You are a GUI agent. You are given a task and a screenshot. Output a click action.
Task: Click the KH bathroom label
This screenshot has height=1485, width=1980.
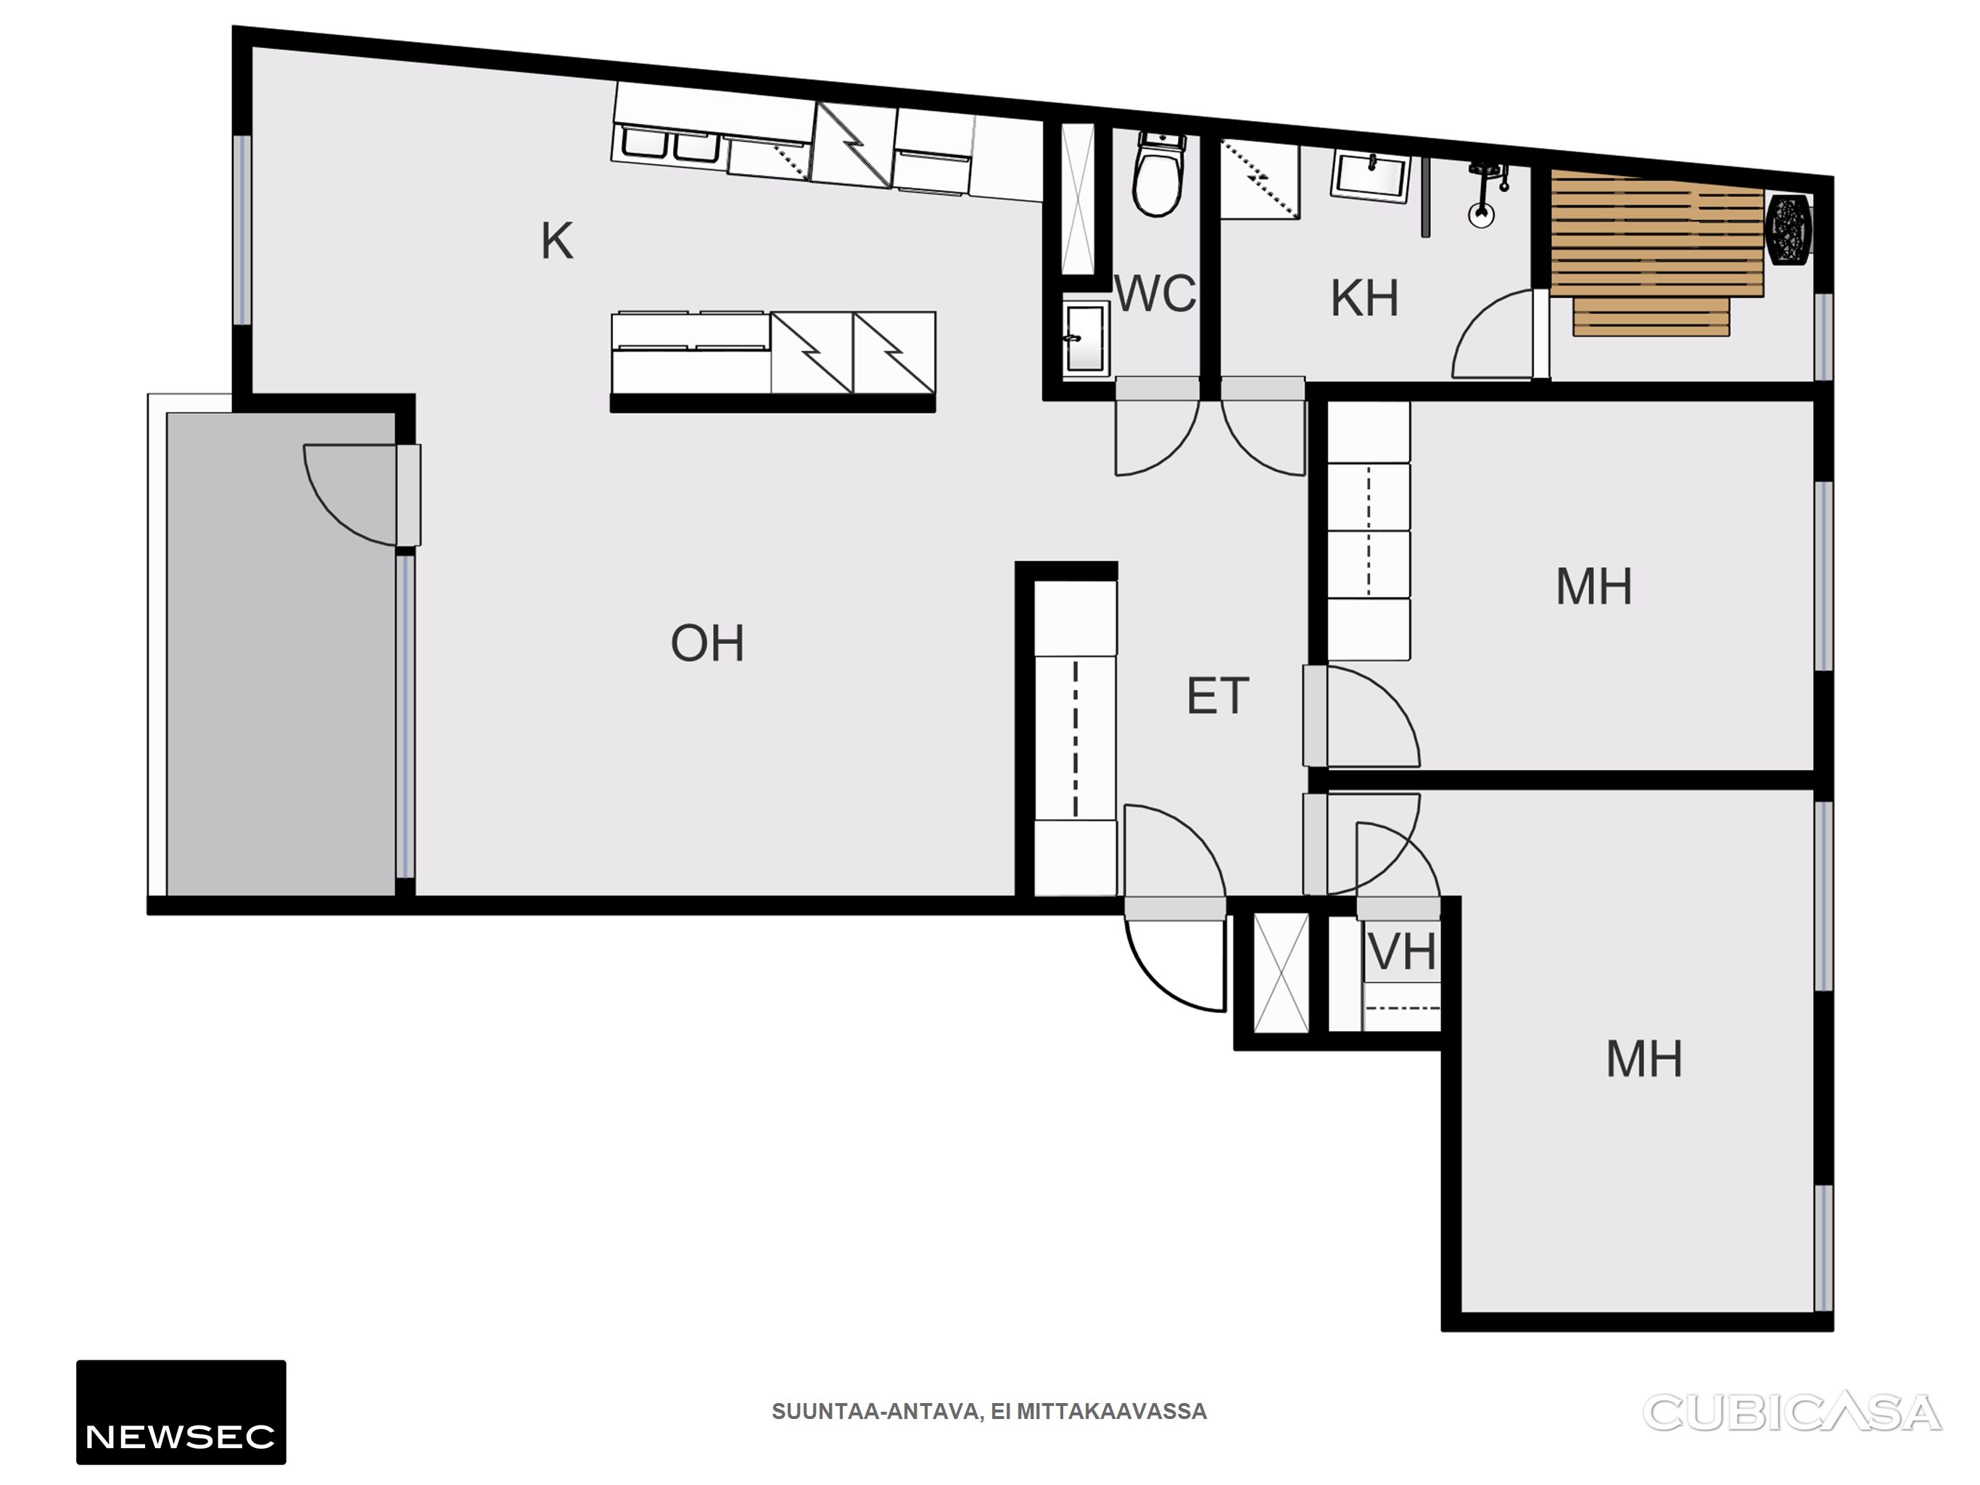pyautogui.click(x=1364, y=298)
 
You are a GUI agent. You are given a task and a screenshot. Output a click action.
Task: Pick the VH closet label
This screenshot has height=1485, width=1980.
pyautogui.click(x=1403, y=951)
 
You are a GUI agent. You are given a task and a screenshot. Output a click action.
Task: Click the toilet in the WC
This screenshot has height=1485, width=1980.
pyautogui.click(x=1158, y=175)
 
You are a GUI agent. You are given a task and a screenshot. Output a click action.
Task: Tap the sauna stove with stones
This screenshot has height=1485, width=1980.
pyautogui.click(x=1789, y=230)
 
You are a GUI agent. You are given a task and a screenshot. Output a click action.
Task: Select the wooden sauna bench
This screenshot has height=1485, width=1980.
pyautogui.click(x=1657, y=252)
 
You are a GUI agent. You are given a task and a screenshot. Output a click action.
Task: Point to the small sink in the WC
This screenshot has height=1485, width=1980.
pyautogui.click(x=1086, y=337)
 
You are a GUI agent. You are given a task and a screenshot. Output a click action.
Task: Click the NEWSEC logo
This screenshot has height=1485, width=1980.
pyautogui.click(x=181, y=1412)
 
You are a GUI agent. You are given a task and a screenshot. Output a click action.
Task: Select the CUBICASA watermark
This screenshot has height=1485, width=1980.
pyautogui.click(x=1791, y=1412)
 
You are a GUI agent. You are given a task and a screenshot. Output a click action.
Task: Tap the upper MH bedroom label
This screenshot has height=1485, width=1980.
pyautogui.click(x=1593, y=587)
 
